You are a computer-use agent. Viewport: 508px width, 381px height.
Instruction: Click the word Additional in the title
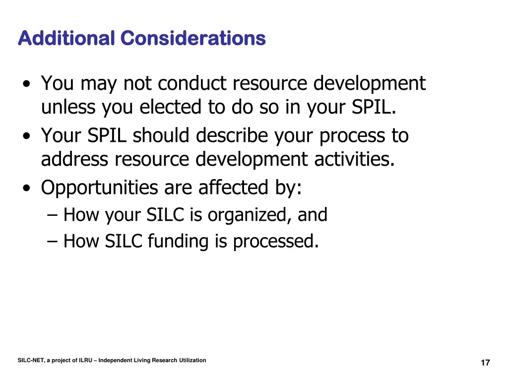[x=66, y=38]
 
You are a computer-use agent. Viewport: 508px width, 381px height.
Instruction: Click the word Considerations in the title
[x=193, y=38]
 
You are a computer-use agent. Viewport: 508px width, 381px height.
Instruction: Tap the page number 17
[x=485, y=363]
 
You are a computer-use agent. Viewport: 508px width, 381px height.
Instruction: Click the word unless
[x=69, y=107]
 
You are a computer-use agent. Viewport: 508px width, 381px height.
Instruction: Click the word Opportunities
[x=99, y=188]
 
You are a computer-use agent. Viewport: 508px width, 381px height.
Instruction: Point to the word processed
[x=275, y=242]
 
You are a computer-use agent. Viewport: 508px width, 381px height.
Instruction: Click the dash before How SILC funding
[x=53, y=242]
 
